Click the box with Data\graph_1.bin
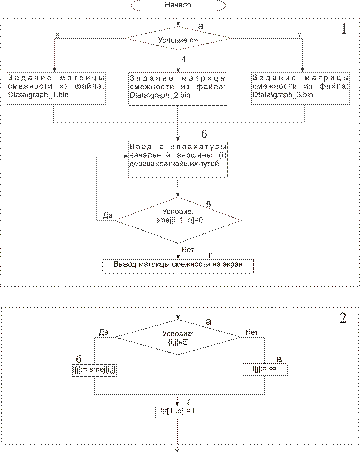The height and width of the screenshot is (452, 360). pyautogui.click(x=57, y=89)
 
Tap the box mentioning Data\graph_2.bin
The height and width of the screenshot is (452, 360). pyautogui.click(x=178, y=89)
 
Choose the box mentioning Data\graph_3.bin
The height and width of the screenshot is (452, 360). pyautogui.click(x=301, y=89)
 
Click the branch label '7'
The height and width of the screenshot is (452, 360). pyautogui.click(x=299, y=35)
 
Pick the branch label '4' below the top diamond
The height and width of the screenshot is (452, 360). pyautogui.click(x=184, y=59)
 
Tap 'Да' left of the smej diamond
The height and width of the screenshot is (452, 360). pyautogui.click(x=108, y=216)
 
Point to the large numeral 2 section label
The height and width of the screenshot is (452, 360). pyautogui.click(x=343, y=318)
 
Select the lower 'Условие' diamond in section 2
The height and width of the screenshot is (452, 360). pyautogui.click(x=178, y=337)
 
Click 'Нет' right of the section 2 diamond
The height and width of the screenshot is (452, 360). pyautogui.click(x=251, y=331)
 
